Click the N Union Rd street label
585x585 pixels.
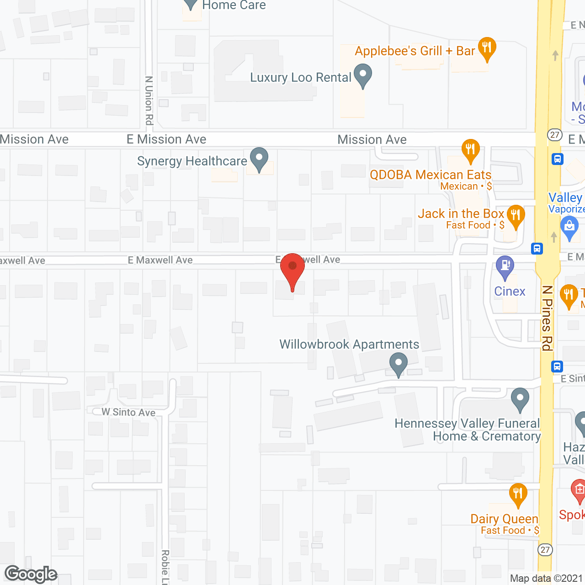click(149, 100)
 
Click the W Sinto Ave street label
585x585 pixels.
click(128, 412)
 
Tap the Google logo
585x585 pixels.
click(31, 574)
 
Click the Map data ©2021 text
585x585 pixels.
click(546, 579)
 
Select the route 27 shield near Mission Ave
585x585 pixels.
click(555, 135)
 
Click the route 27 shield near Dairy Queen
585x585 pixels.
click(545, 550)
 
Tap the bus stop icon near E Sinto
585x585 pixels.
click(557, 367)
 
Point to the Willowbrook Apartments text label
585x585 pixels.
click(349, 344)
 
